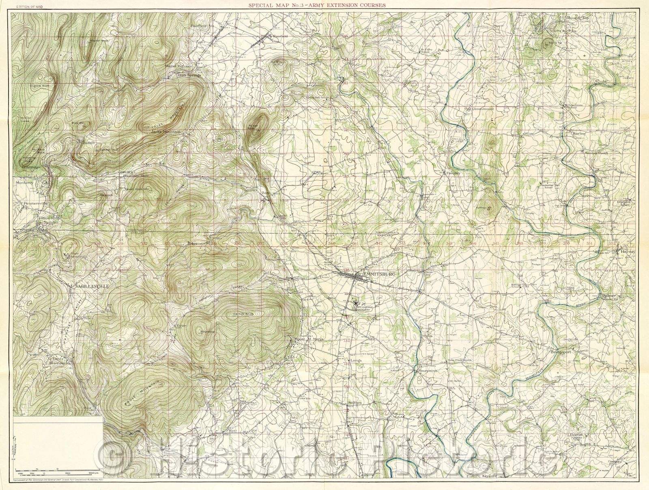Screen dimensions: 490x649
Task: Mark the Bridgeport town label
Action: (x=561, y=352)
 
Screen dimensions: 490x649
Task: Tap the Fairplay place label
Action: (x=454, y=173)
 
